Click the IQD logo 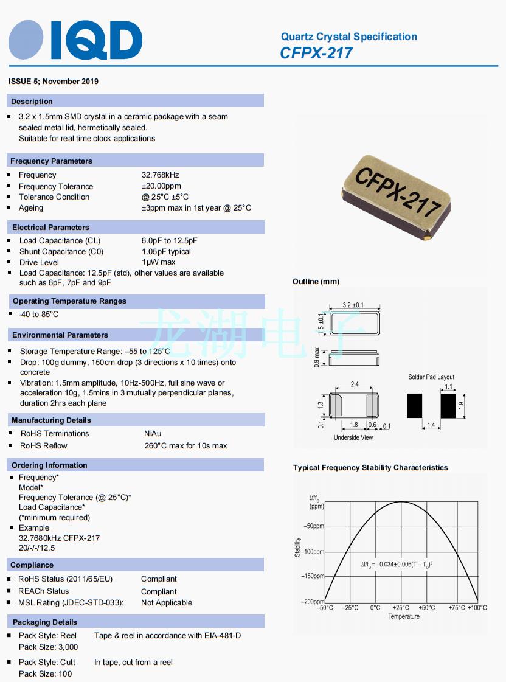[x=75, y=40]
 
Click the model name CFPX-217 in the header [x=316, y=54]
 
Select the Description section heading [x=32, y=102]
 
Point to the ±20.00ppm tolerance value [x=161, y=186]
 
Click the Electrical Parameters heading [x=50, y=228]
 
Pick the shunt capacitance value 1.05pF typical [x=166, y=252]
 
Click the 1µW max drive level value [x=158, y=263]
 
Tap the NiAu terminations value [x=153, y=434]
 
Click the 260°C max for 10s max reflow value [x=185, y=446]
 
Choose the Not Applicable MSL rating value [x=167, y=603]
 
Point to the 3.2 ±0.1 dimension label [x=353, y=305]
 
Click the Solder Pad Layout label [x=431, y=377]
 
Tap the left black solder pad [x=414, y=406]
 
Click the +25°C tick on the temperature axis [x=400, y=608]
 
